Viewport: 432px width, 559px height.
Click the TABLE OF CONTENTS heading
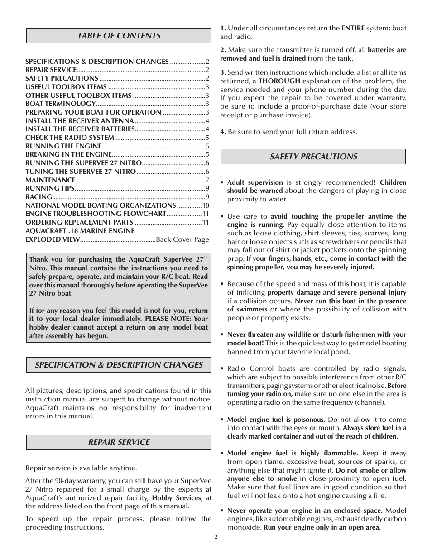tap(119, 36)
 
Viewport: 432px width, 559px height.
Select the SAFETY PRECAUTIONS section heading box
tap(313, 157)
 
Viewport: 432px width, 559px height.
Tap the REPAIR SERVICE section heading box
tap(119, 442)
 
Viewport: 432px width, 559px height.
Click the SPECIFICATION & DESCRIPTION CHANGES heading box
tap(119, 365)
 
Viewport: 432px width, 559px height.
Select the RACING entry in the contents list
tap(38, 197)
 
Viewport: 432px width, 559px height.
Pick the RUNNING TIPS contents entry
tap(50, 188)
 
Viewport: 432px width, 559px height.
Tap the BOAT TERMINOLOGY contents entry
tap(60, 104)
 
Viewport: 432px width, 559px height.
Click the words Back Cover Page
tap(182, 239)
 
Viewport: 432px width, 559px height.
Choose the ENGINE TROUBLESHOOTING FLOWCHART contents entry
tap(96, 214)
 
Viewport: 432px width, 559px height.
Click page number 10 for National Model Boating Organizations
tap(206, 205)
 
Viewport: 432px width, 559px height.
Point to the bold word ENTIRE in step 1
tap(353, 28)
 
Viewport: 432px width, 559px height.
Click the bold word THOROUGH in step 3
tap(279, 81)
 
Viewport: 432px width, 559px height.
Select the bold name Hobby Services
tap(176, 498)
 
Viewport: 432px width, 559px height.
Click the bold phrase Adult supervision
tap(255, 182)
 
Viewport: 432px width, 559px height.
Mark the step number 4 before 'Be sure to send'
tap(222, 132)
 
